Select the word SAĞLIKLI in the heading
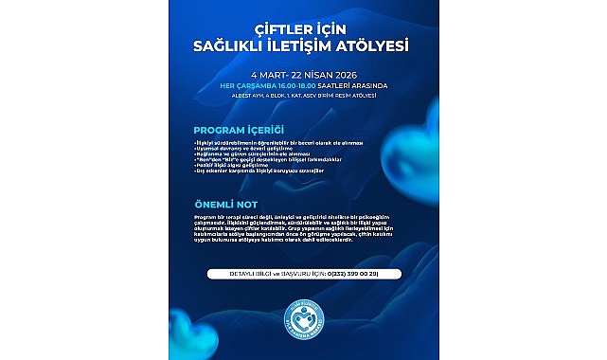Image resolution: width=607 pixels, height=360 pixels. pyautogui.click(x=235, y=44)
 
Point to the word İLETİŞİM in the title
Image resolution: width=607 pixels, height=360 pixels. pyautogui.click(x=304, y=44)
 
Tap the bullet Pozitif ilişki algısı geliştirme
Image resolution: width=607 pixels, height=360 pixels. pyautogui.click(x=221, y=170)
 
